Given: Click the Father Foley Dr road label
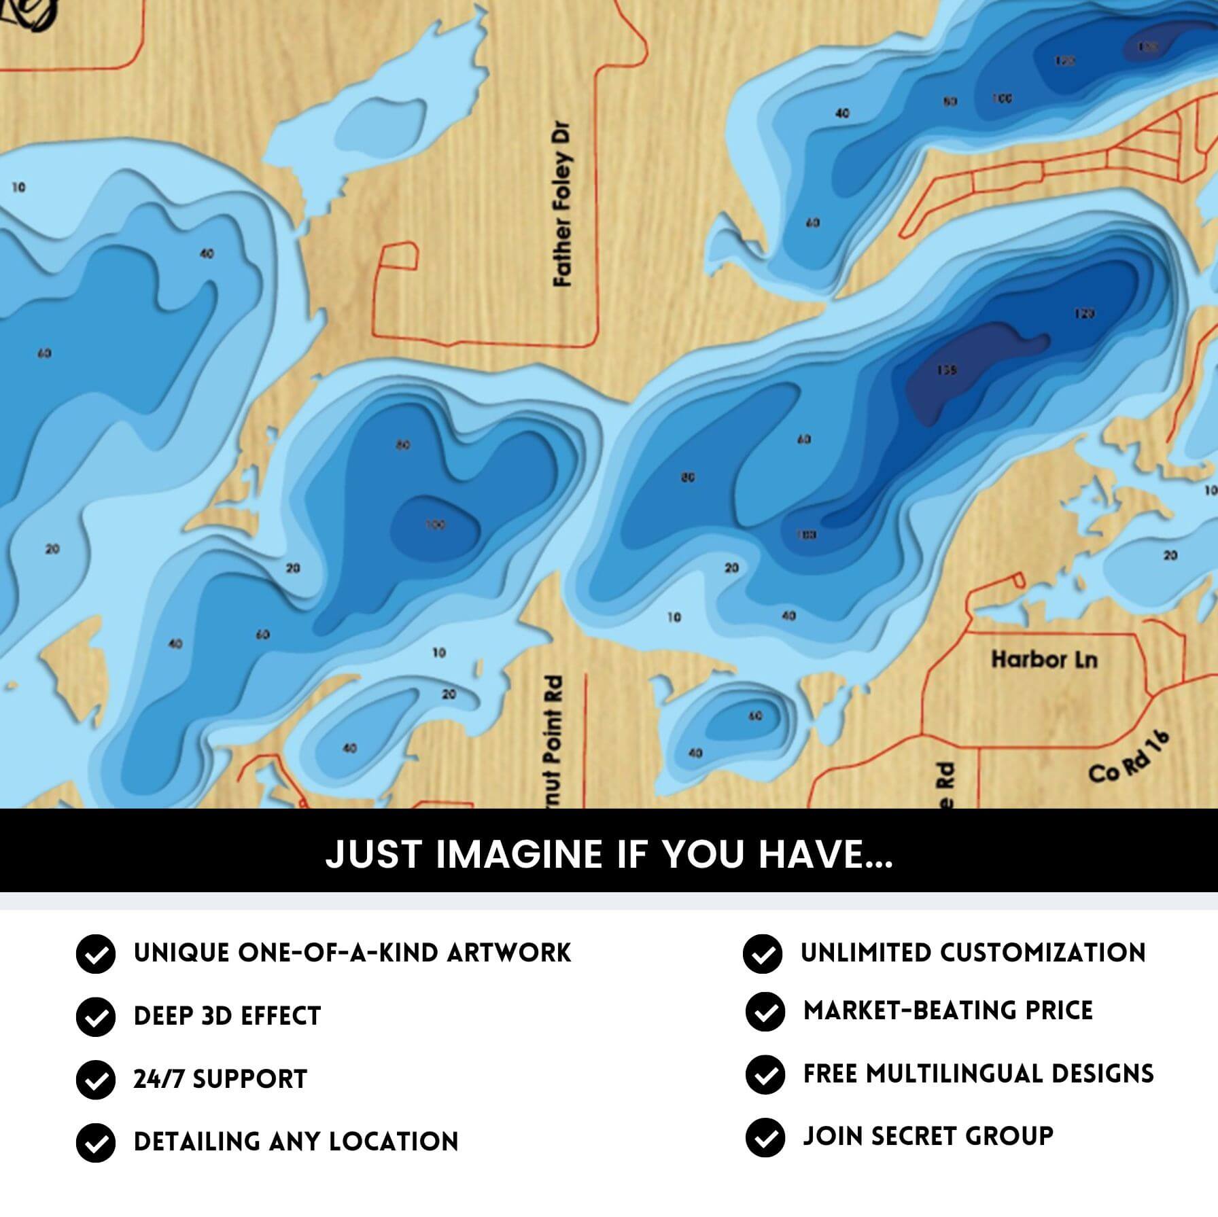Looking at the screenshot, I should coord(563,204).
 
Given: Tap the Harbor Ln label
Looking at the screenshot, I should coord(1044,660).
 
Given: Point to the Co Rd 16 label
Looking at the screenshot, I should coord(1129,758).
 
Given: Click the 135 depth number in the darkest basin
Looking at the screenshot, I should coord(947,370).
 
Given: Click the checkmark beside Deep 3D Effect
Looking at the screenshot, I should coord(96,1017).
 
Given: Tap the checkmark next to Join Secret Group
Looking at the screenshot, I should coord(765,1137).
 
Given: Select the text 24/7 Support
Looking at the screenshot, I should coord(220,1079).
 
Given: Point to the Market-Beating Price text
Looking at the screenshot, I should coord(948,1011).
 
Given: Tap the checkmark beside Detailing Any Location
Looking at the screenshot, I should coord(96,1143).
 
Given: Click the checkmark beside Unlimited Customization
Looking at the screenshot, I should coord(763,954).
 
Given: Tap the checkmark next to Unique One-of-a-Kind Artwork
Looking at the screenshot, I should coord(96,954).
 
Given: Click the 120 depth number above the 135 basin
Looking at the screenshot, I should coord(1084,314).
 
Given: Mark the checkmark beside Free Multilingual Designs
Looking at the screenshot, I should coord(765,1075).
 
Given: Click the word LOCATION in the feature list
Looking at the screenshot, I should coord(394,1142).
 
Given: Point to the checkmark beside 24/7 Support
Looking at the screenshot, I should coord(96,1080).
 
